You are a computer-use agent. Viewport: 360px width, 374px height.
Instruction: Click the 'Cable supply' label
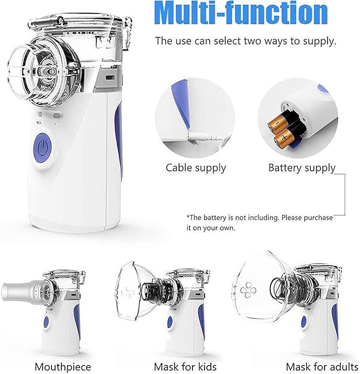coord(196,168)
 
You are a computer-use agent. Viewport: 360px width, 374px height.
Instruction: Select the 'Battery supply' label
coord(302,168)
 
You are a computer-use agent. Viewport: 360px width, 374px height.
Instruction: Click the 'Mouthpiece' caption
coord(63,367)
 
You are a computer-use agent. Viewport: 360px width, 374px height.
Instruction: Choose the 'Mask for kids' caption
coord(185,367)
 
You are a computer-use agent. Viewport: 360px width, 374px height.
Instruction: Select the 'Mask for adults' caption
coord(322,367)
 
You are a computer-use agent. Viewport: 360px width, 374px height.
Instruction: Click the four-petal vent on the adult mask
coord(248,290)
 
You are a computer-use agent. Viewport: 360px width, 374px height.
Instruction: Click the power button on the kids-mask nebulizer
coord(170,323)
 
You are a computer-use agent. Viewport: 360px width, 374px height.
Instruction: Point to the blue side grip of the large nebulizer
coord(119,138)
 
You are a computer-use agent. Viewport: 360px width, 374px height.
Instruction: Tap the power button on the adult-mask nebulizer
coord(304,322)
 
